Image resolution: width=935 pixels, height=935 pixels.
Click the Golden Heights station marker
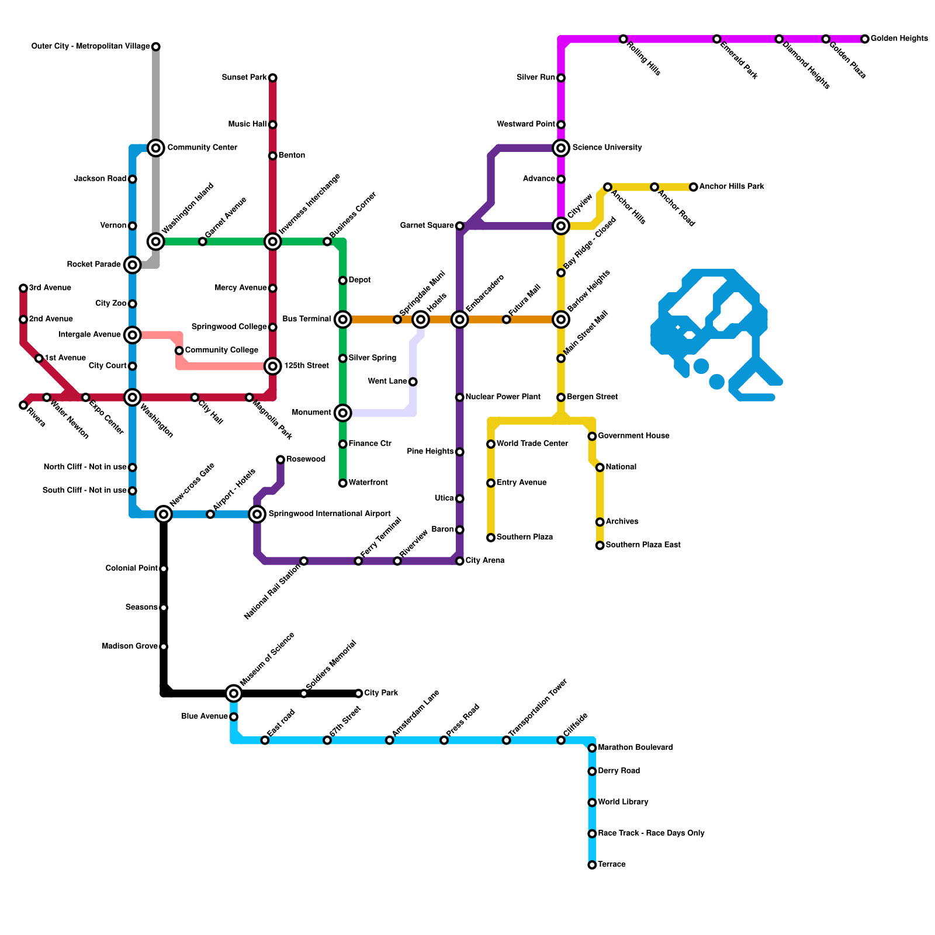coord(865,39)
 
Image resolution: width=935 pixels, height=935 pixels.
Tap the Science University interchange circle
coord(561,148)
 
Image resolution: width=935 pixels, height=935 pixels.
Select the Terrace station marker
coord(592,865)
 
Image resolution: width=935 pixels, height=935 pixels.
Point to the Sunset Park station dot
coord(273,78)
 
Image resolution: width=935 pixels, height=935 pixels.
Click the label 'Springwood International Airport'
coord(330,514)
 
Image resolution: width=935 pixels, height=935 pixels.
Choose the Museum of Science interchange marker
coord(234,694)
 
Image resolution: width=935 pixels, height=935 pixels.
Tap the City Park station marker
coord(359,694)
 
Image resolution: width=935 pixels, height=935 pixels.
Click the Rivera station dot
coord(23,405)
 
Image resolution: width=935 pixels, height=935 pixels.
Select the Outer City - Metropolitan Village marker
coord(156,47)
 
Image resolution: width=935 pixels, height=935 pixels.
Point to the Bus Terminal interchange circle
coord(343,320)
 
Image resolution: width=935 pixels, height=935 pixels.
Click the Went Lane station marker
coord(413,382)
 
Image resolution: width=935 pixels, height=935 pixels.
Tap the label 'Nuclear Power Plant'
coord(503,397)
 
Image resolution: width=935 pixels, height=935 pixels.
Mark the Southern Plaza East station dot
coord(600,545)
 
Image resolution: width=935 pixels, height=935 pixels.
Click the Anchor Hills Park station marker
coord(693,187)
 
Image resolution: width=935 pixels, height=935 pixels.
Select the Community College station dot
coord(179,351)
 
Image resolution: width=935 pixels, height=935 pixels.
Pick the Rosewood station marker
coord(280,460)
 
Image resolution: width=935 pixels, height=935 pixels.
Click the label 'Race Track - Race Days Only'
coord(651,833)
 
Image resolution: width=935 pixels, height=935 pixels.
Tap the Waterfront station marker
coord(343,483)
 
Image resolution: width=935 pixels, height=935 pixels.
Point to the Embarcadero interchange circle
coord(460,320)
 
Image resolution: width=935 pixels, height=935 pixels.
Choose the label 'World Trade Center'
coord(532,444)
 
